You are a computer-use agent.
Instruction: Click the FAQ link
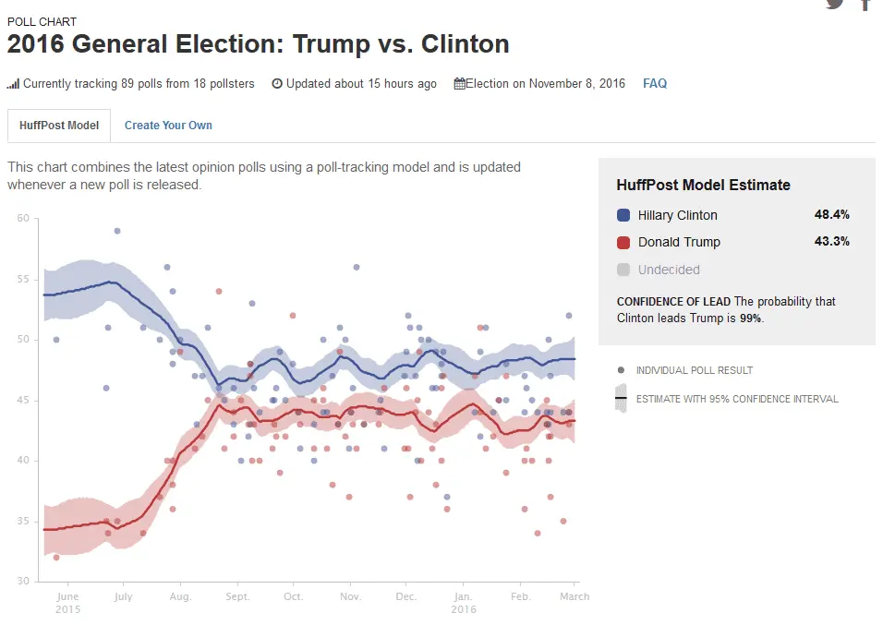[x=655, y=83]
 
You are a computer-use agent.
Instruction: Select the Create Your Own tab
[x=168, y=126]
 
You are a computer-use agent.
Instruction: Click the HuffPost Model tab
[x=59, y=126]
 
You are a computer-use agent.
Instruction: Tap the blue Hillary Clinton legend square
[x=623, y=215]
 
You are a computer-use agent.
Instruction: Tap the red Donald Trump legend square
[x=623, y=242]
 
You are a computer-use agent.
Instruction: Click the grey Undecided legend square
[x=623, y=270]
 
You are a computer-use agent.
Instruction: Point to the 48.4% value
[x=831, y=215]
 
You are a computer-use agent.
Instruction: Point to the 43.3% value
[x=831, y=242]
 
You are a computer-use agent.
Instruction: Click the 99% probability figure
[x=751, y=318]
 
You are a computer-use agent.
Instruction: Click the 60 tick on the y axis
[x=23, y=219]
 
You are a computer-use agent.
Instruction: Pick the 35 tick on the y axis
[x=23, y=522]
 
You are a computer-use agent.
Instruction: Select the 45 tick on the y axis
[x=23, y=401]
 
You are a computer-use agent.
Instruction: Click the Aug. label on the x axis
[x=180, y=596]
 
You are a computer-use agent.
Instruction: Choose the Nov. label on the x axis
[x=350, y=596]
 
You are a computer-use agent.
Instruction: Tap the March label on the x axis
[x=575, y=596]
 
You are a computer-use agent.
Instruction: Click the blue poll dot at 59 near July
[x=117, y=231]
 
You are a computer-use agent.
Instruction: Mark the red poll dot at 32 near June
[x=56, y=558]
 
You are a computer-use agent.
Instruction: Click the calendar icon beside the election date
[x=459, y=83]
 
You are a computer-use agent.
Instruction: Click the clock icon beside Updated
[x=277, y=83]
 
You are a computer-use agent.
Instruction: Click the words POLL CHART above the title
[x=42, y=21]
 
